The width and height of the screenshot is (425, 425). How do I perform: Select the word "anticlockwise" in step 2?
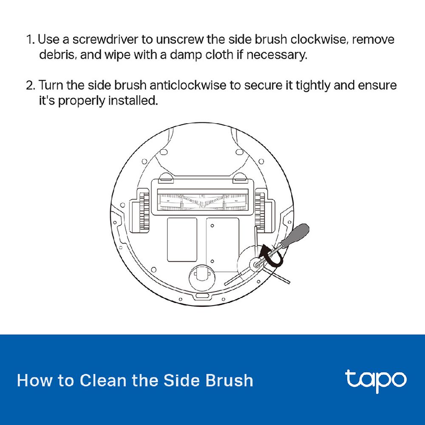(187, 85)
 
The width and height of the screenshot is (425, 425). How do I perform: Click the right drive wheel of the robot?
(260, 210)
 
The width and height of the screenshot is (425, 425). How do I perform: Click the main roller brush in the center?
(203, 202)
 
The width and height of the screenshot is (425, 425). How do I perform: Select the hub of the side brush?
(255, 264)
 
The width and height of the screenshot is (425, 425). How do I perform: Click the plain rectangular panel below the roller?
(182, 240)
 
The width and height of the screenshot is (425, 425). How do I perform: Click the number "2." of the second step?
(31, 86)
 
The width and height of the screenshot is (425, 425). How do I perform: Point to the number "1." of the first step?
(31, 40)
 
